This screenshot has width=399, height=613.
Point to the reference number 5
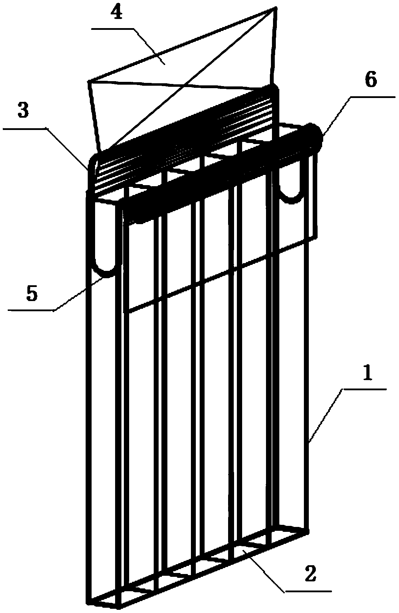(x=31, y=294)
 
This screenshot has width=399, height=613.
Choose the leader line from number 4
(x=147, y=44)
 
